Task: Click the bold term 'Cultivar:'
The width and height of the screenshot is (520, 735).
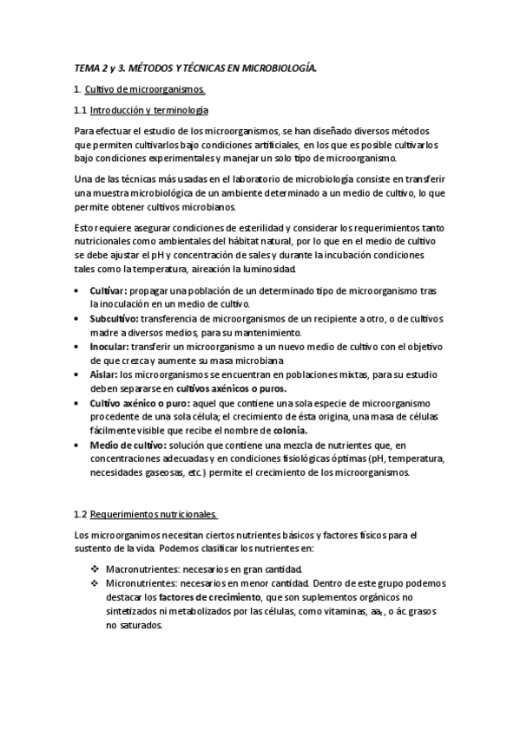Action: [x=109, y=291]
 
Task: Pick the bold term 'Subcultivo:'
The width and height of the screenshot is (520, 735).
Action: [x=114, y=319]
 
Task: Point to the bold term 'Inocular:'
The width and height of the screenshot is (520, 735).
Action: [x=109, y=347]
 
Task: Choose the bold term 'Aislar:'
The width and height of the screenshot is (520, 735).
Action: [x=104, y=374]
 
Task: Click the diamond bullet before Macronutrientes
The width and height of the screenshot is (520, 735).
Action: [x=95, y=569]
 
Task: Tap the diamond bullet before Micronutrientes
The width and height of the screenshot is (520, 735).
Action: [x=95, y=583]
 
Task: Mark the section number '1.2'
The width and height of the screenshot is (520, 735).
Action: [x=81, y=513]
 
